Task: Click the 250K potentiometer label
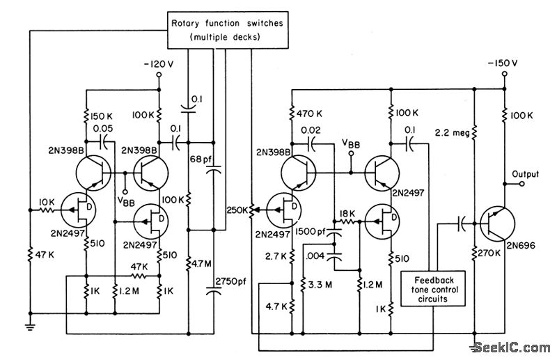coord(236,208)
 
